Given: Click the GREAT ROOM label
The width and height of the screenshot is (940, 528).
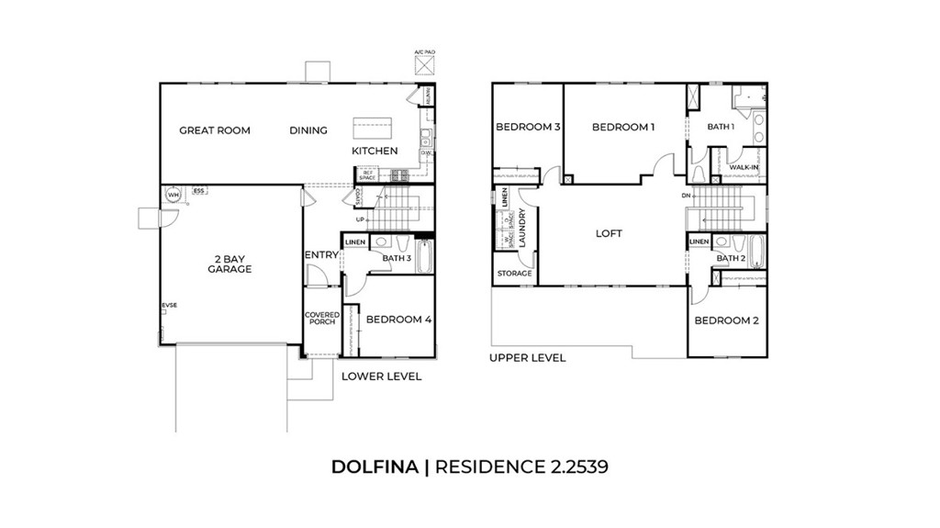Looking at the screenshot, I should (x=214, y=130).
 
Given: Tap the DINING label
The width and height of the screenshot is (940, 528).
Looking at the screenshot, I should (x=308, y=130).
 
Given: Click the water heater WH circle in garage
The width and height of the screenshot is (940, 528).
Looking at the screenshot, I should (x=172, y=194).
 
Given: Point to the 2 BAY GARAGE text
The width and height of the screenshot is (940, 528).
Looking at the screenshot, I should (x=229, y=264).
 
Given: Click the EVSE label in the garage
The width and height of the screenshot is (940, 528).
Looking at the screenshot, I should (x=169, y=304).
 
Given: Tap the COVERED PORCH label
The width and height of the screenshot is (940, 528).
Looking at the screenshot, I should (x=322, y=319).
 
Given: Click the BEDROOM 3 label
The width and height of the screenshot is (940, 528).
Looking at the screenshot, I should (x=528, y=127).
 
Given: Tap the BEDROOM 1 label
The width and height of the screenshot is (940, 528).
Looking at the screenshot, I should (x=623, y=127).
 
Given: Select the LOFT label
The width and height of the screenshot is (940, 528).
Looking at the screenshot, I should (x=609, y=233).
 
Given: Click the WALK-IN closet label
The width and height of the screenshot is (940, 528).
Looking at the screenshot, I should (x=744, y=167).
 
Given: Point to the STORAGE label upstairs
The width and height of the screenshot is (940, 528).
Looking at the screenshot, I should (x=514, y=274).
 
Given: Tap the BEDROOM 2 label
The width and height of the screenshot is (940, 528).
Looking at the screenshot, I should (x=725, y=320).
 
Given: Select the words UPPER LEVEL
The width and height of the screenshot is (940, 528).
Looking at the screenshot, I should (x=527, y=358).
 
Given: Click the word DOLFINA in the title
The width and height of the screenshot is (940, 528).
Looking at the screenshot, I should (x=375, y=466).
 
